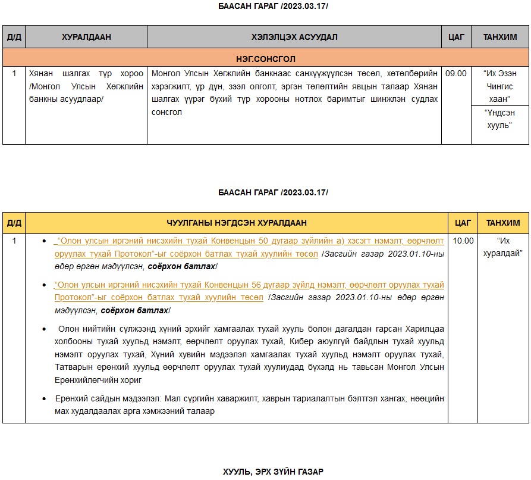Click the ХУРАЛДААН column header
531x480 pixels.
click(86, 37)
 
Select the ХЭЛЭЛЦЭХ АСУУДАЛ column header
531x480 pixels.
click(294, 37)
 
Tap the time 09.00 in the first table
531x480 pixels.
click(456, 73)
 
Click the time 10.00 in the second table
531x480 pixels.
click(463, 241)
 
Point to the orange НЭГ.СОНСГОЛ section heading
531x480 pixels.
click(266, 58)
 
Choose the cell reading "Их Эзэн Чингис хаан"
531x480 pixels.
click(500, 86)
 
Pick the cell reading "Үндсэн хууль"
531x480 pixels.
click(500, 119)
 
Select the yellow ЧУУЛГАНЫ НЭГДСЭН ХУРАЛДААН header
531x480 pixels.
click(237, 223)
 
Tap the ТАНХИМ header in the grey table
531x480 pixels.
click(500, 37)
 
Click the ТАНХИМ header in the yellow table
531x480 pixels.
click(504, 223)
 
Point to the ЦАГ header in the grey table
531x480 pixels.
click(456, 37)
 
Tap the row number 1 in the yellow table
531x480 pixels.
click(14, 241)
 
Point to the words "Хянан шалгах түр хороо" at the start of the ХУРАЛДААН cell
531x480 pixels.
click(86, 73)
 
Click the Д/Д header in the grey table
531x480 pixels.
click(14, 37)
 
